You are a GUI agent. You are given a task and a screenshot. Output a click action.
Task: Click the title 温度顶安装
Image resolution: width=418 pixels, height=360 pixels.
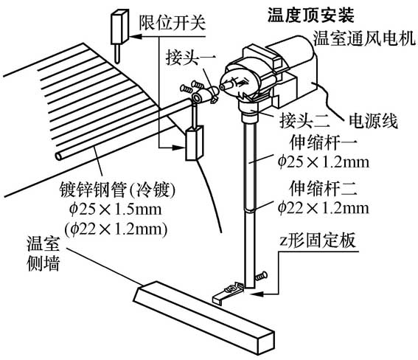pos(311,15)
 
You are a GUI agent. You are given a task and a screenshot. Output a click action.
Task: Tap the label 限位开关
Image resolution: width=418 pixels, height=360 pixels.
pos(173,22)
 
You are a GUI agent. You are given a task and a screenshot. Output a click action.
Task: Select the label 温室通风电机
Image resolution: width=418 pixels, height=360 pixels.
pos(364,38)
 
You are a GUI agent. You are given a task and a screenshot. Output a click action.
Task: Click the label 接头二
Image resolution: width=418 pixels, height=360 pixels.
pos(304,120)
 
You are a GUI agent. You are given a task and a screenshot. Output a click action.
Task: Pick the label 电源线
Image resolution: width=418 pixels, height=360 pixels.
pos(374,121)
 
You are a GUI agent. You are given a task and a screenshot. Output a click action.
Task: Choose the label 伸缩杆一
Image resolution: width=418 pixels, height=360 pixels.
pos(323,143)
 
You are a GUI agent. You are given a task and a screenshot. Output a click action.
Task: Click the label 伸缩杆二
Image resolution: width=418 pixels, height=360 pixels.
pos(323,189)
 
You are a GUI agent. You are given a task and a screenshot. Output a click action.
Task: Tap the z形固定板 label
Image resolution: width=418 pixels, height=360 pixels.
pos(318,240)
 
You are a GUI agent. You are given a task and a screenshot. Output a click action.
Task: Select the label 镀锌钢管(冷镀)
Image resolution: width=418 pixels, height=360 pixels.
pos(117,190)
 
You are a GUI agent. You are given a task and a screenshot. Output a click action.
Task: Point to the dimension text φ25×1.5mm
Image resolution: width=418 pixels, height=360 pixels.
pos(115,210)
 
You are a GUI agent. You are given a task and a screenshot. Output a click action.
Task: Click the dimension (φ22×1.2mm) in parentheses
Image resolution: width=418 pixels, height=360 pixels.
pos(116,229)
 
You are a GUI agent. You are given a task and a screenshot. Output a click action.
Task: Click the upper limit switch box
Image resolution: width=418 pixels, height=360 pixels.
pos(119,27)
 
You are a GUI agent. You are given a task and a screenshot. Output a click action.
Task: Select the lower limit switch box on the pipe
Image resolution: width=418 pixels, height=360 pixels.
pos(195,143)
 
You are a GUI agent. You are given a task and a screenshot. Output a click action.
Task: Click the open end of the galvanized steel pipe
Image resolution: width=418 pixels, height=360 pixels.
pos(59,156)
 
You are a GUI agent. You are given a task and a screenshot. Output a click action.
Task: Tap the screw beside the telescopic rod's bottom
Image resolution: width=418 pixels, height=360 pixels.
pos(261,276)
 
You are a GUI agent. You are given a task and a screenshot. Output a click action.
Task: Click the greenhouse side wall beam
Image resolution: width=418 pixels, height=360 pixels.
pos(204,317)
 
